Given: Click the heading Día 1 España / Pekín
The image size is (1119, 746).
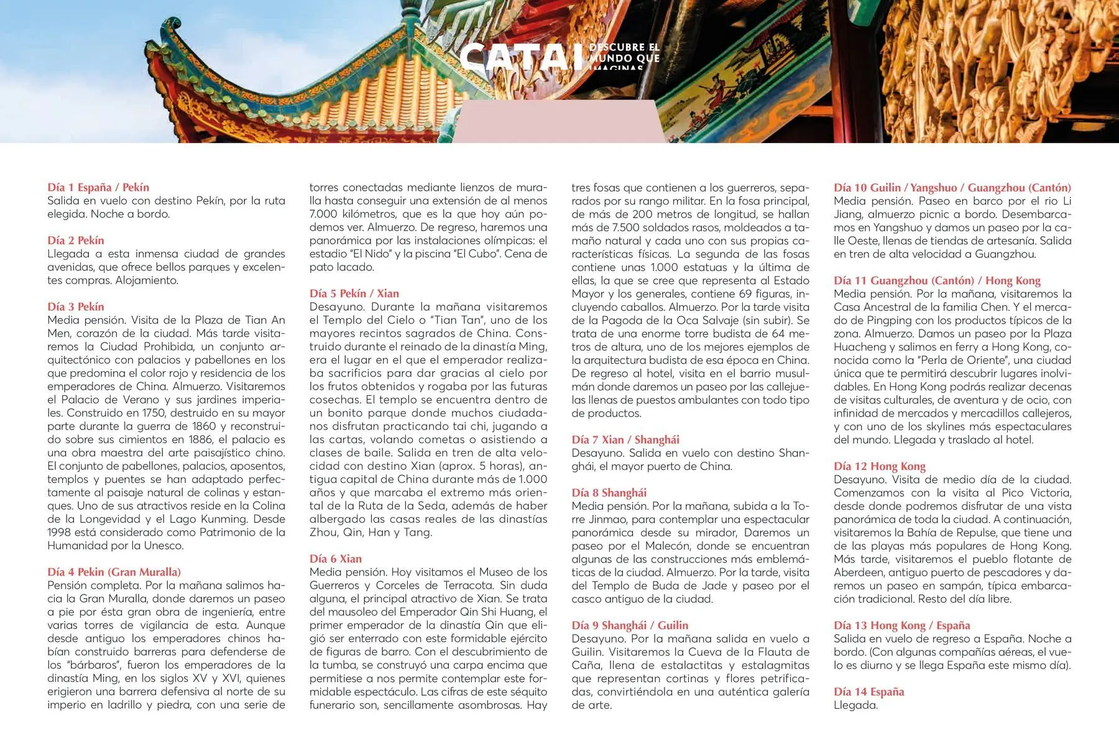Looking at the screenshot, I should coord(98,187).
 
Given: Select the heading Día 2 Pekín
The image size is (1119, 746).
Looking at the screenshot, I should coord(76,240).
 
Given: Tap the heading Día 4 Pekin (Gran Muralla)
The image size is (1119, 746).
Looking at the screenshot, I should coord(114,572).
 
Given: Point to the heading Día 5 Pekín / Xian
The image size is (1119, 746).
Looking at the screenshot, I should coord(354,293).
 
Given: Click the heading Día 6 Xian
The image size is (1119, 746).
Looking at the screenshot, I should coord(336,559).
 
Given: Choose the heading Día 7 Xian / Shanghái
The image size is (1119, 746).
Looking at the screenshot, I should coord(625,440).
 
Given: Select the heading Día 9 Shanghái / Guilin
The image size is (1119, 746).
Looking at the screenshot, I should coord(630,625).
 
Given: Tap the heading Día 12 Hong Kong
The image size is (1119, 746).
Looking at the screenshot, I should coord(880,466).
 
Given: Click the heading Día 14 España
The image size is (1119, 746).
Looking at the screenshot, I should coord(869,692).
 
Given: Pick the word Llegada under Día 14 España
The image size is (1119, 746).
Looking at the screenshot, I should coord(855,706).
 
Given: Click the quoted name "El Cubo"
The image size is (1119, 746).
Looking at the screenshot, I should coord(519,254).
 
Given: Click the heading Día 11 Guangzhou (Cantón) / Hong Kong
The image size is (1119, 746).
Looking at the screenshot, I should coord(937,280).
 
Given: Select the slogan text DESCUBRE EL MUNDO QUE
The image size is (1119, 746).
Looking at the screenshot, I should coord(624,53).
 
